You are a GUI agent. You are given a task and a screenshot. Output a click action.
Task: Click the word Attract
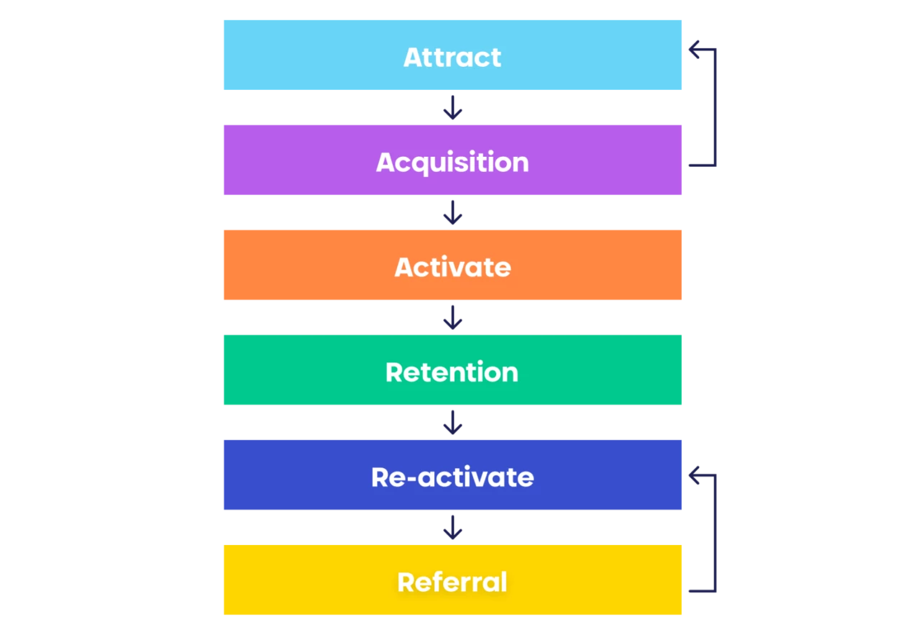point(452,57)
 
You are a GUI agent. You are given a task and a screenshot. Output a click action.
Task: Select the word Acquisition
point(452,163)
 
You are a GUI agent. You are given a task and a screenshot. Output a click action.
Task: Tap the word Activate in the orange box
point(452,267)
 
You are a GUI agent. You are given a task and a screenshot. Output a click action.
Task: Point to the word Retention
point(452,372)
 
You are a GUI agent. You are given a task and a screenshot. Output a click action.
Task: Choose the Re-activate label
point(452,477)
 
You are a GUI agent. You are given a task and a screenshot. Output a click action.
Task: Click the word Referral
point(452,582)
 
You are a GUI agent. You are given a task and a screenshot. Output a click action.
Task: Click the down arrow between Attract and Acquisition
point(452,108)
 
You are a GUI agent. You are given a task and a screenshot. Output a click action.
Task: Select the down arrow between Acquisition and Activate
point(452,212)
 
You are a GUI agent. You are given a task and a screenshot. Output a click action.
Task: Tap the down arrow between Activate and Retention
point(452,318)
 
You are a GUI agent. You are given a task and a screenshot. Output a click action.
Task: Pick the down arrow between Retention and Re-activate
point(452,422)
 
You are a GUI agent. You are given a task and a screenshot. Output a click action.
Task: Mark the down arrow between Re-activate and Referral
point(452,527)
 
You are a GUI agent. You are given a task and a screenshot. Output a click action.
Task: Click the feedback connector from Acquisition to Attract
point(715,107)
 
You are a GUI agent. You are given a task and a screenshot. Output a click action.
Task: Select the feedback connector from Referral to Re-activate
point(715,533)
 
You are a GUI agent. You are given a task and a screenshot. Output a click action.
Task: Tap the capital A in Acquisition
point(385,162)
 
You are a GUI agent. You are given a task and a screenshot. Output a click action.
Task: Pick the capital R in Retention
point(393,372)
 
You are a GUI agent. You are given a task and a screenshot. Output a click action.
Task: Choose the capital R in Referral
point(406,582)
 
